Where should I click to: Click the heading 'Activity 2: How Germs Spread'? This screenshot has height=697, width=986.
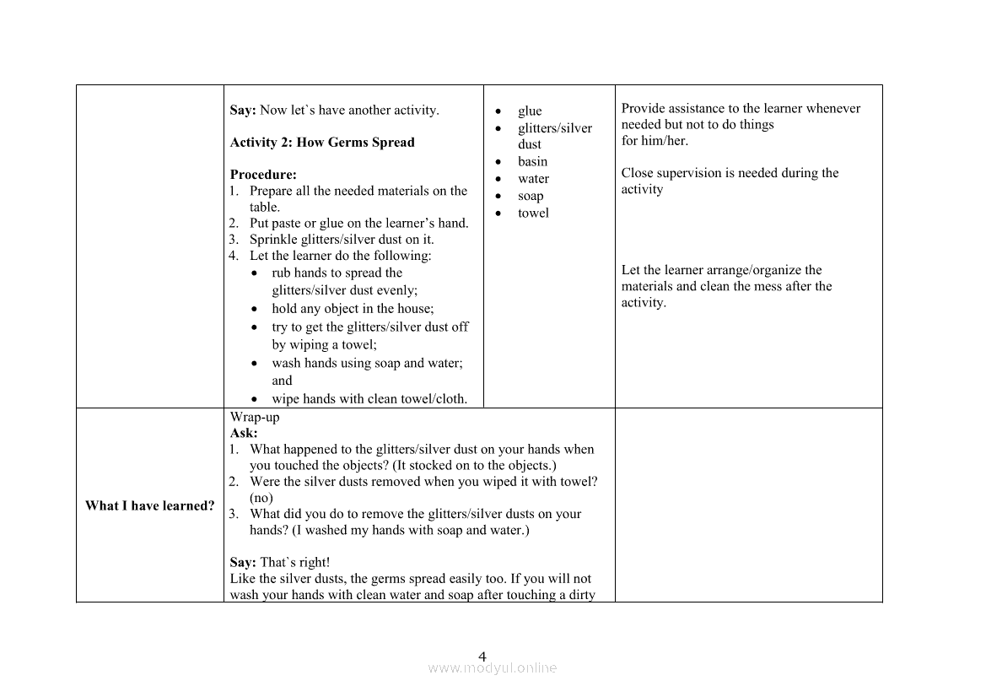click(322, 143)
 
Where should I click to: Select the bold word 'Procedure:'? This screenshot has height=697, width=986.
click(263, 175)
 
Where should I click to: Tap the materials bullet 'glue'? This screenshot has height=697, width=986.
click(530, 111)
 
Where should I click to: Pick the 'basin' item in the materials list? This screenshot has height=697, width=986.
click(532, 162)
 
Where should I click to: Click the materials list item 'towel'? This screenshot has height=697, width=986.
click(533, 213)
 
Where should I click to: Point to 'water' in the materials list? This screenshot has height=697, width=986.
click(533, 179)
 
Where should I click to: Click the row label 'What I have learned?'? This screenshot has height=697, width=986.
click(149, 505)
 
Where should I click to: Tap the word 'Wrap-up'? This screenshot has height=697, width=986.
click(254, 417)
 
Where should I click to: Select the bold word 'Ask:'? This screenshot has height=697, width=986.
click(244, 433)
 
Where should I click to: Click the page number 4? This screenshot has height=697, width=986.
click(482, 656)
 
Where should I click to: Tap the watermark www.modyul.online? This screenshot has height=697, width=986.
click(493, 668)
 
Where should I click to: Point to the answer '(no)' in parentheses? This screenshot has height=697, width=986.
click(261, 498)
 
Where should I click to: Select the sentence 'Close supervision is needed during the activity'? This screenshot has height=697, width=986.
click(730, 181)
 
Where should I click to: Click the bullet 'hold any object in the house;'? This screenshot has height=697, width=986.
click(353, 309)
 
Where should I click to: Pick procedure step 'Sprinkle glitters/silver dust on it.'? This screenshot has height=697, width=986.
click(342, 240)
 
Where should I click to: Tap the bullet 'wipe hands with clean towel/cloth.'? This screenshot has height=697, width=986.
click(369, 399)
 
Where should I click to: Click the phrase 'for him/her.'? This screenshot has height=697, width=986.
click(655, 141)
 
